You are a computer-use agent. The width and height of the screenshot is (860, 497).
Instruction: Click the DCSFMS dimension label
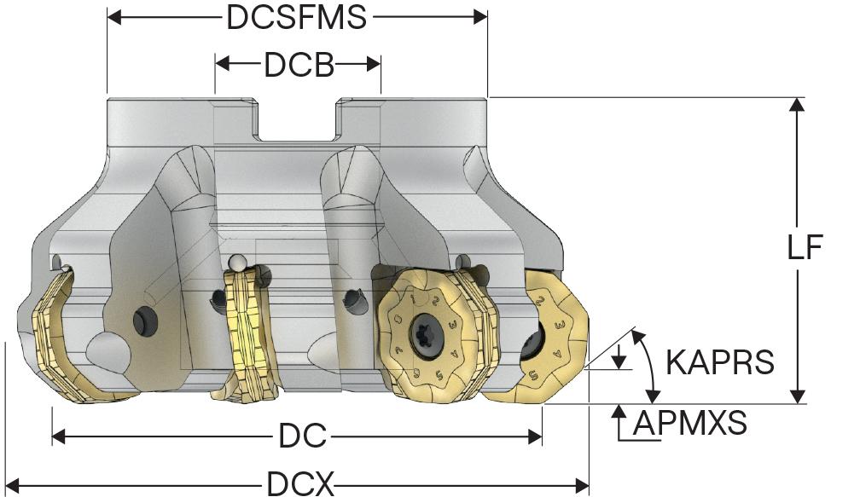point(296,18)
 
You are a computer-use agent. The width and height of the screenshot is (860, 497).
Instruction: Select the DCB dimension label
point(299,65)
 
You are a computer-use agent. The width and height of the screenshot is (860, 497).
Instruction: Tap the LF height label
point(805,247)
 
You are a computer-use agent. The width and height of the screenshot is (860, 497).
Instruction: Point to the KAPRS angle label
point(719,361)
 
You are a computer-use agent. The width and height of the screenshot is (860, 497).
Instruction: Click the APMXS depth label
point(690,423)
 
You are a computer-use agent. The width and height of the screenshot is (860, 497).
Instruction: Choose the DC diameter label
point(302,436)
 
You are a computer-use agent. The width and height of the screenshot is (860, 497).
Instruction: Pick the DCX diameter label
point(300,485)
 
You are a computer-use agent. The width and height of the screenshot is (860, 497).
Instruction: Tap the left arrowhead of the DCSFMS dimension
point(114,17)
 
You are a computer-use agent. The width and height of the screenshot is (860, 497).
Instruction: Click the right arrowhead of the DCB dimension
point(374,64)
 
